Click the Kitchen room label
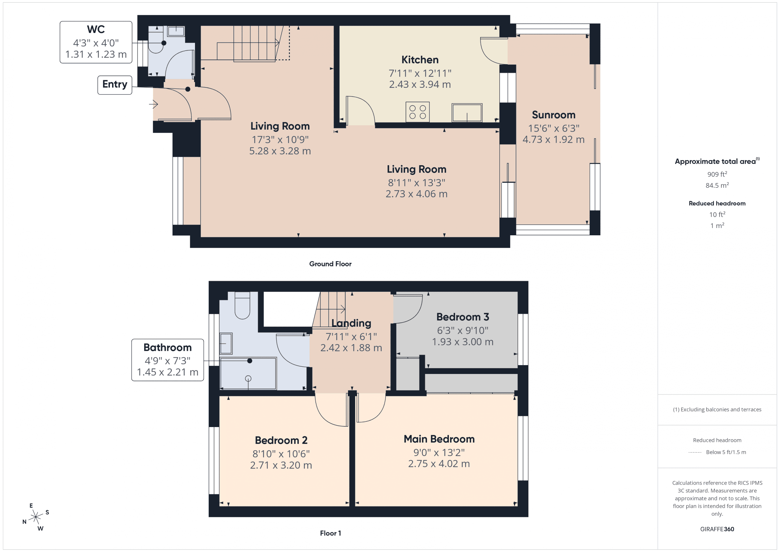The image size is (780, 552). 420,60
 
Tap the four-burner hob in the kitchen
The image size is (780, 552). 417,112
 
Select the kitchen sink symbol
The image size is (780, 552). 466,112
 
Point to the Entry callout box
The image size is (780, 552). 115,85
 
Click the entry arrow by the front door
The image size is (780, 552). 154,104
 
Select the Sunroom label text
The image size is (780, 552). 553,115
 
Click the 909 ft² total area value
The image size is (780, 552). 717,174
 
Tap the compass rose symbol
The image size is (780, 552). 35,517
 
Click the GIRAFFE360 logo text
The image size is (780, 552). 717,529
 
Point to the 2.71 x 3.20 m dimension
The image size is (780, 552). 281,465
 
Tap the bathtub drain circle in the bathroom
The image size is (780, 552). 248,378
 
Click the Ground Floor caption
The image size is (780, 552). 330,264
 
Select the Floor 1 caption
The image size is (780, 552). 330,533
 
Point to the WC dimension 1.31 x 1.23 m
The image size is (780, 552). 96,54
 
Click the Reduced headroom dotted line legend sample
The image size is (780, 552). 695,452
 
